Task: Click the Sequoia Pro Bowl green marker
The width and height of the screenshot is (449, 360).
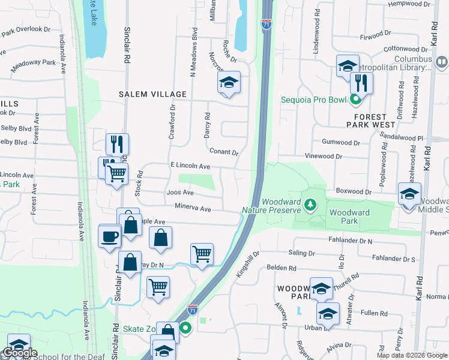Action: pyautogui.click(x=356, y=100)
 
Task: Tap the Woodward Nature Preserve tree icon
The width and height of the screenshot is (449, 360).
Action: pyautogui.click(x=310, y=206)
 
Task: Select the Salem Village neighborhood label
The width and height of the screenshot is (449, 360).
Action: pyautogui.click(x=144, y=94)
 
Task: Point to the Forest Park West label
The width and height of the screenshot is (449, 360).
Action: pyautogui.click(x=371, y=120)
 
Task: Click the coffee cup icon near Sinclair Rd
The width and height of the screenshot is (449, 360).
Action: pyautogui.click(x=109, y=235)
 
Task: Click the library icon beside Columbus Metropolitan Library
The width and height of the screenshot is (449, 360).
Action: pyautogui.click(x=442, y=61)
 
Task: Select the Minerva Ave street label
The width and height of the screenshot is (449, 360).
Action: pyautogui.click(x=193, y=209)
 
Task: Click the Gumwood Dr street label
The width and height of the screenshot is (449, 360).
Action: pyautogui.click(x=340, y=143)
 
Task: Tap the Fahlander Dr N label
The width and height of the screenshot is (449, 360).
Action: pyautogui.click(x=351, y=241)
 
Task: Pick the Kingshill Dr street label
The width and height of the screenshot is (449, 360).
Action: pyautogui.click(x=247, y=265)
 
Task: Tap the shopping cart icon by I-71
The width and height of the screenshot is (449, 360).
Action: pyautogui.click(x=202, y=253)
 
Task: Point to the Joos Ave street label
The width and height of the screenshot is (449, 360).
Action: pyautogui.click(x=180, y=193)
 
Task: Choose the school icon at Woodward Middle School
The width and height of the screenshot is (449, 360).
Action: pyautogui.click(x=409, y=194)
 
